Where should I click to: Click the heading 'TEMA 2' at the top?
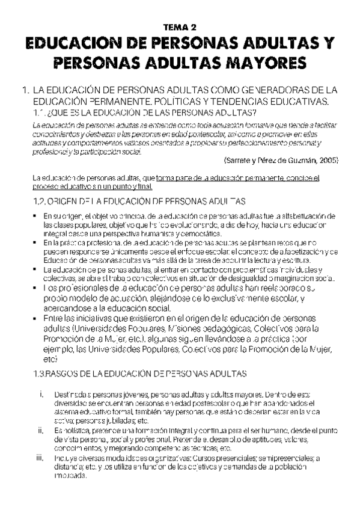[x=180, y=28]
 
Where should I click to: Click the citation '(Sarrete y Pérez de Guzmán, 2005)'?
[x=280, y=161]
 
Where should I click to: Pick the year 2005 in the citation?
[x=328, y=161]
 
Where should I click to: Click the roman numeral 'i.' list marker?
[x=41, y=395]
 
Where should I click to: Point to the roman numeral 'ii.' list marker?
[x=40, y=431]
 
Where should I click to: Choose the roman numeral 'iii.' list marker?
[x=40, y=458]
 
